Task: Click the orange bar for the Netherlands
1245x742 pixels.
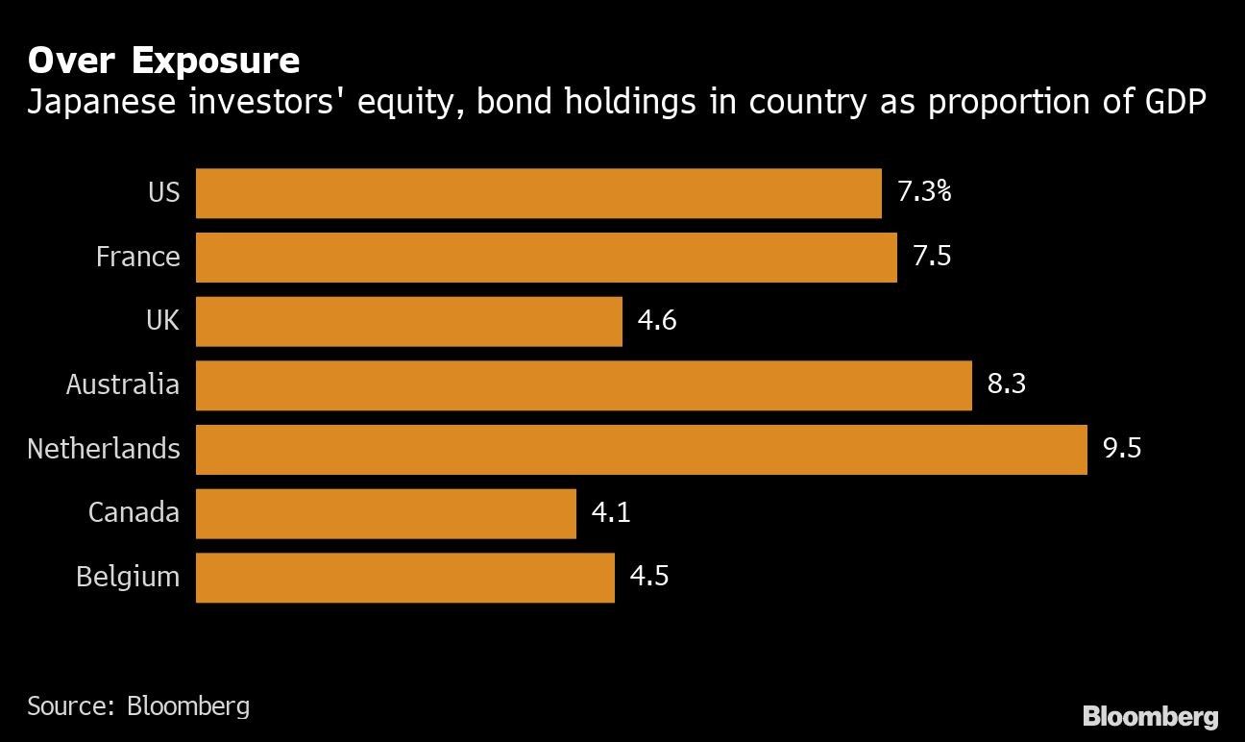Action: [641, 449]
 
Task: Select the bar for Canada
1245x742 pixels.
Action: [385, 513]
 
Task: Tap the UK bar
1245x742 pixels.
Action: [408, 321]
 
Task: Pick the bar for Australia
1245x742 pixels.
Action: [583, 385]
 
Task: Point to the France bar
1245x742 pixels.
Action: [546, 258]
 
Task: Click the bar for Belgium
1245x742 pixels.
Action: [404, 577]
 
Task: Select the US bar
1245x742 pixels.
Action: [538, 193]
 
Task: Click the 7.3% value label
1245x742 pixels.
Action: [923, 192]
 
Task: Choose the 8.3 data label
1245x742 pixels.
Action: [1006, 384]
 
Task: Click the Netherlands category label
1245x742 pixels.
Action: [104, 449]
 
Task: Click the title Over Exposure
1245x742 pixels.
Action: [163, 61]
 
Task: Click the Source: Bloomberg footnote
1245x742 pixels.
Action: [138, 706]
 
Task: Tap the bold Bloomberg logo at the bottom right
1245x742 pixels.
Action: [1150, 716]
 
